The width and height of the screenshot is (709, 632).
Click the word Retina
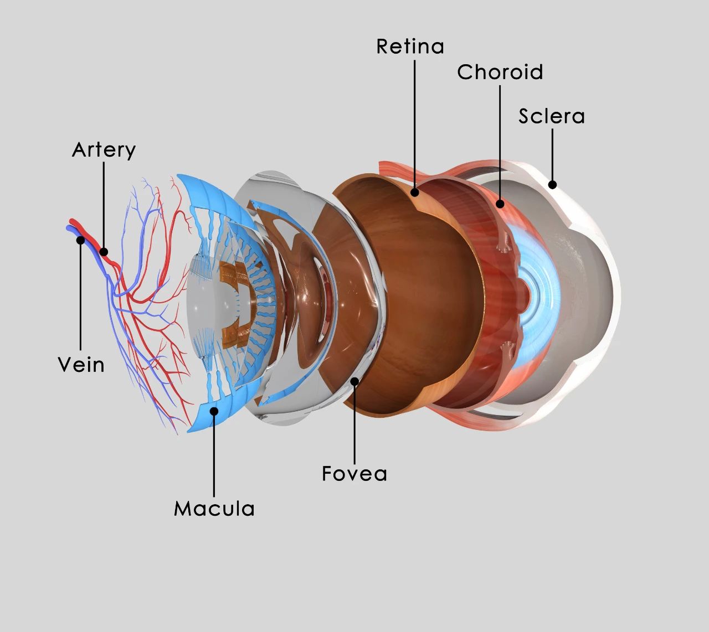[x=410, y=46]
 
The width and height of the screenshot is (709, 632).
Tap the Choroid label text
[x=500, y=72]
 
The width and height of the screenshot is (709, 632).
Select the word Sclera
[x=551, y=116]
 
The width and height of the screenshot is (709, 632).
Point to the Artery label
[x=104, y=150]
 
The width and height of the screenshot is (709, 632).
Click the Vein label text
[x=81, y=365]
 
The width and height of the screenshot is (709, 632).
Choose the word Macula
[x=214, y=509]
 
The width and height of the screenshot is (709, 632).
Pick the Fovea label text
[x=354, y=474]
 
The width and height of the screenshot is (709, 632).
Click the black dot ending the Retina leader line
[x=414, y=193]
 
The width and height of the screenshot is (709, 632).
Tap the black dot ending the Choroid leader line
[x=500, y=204]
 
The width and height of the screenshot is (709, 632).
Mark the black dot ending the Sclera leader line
[x=552, y=185]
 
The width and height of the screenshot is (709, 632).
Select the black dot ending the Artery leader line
[x=104, y=252]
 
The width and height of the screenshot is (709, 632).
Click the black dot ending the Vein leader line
[x=81, y=240]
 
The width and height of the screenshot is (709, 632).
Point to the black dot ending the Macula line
[x=214, y=411]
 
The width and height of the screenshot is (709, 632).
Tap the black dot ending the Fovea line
[x=354, y=381]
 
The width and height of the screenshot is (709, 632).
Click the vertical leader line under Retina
[x=414, y=122]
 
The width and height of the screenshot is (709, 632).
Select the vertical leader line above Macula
[x=214, y=454]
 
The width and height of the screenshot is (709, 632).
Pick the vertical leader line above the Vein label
[x=81, y=299]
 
